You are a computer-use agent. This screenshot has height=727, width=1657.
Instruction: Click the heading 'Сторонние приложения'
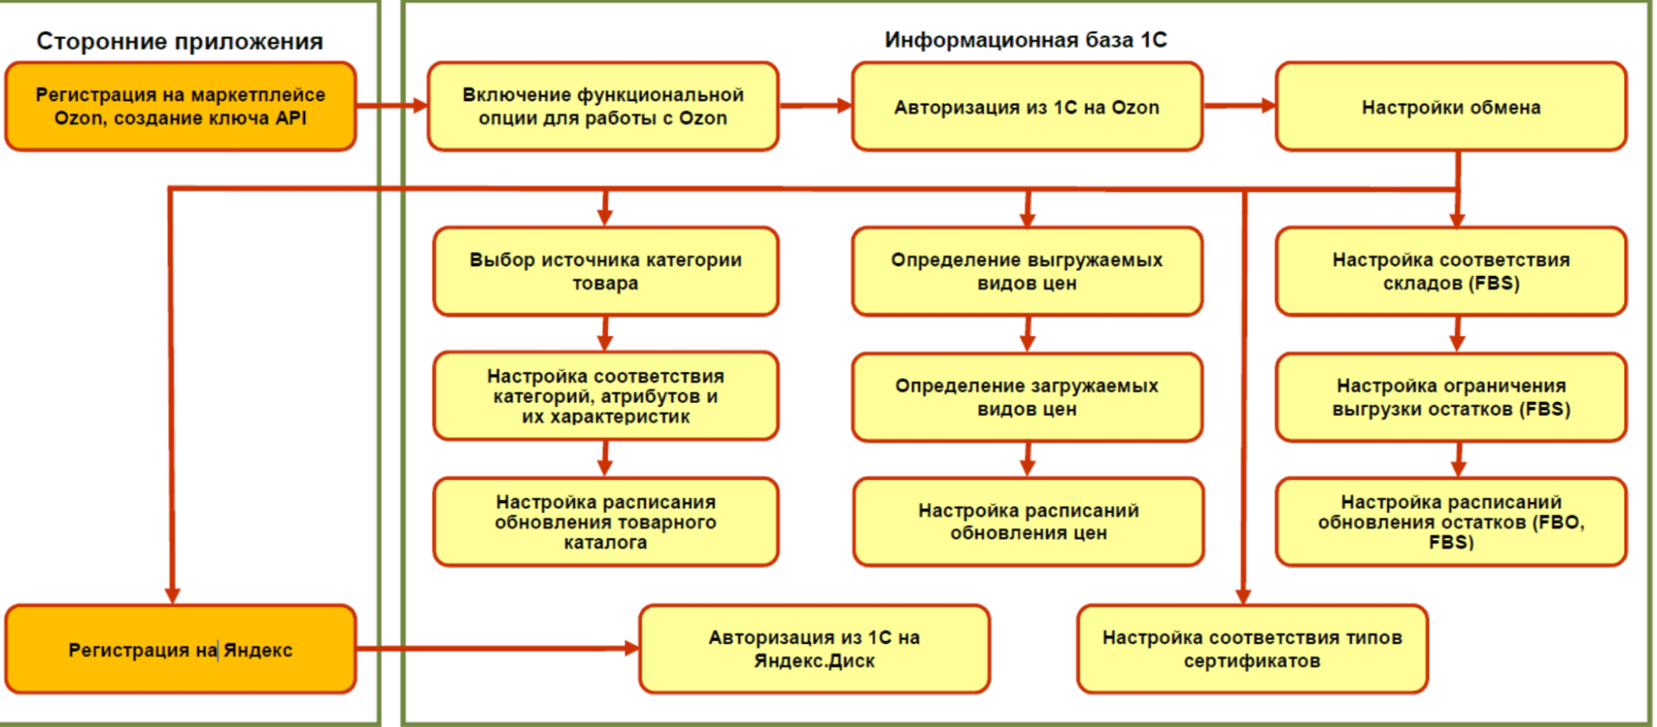coord(180,41)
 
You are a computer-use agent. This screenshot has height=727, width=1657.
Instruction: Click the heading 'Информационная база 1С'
coord(1025,40)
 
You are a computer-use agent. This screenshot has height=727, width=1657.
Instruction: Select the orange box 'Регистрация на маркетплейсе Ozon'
coord(181,107)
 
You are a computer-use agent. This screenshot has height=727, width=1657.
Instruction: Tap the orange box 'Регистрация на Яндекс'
coord(181,650)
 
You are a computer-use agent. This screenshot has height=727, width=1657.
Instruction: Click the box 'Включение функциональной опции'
coord(603,107)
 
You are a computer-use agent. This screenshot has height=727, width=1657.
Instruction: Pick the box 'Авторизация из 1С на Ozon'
coord(1026,107)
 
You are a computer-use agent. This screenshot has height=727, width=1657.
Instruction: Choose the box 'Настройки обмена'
coord(1451,107)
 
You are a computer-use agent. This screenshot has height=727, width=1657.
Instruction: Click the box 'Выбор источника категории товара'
coord(605,271)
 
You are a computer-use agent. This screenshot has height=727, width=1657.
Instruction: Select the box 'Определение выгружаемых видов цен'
coord(1026,271)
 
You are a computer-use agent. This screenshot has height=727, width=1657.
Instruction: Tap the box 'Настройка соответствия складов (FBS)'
coord(1451,271)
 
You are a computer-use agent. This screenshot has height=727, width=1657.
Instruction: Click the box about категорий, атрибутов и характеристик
coord(605,396)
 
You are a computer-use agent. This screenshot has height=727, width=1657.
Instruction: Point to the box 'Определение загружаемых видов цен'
coord(1026,397)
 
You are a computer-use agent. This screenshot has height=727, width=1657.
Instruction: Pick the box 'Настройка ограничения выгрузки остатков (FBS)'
coord(1451,397)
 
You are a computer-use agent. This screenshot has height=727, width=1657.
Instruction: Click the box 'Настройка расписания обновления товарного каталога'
coord(605,522)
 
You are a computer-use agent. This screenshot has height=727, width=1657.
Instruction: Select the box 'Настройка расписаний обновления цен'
coord(1028,522)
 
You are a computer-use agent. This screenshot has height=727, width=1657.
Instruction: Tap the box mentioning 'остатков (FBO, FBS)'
coord(1451,522)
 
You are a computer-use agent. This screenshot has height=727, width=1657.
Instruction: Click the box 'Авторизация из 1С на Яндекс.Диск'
coord(814,649)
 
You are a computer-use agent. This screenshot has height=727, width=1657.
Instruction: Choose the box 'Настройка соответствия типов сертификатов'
coord(1252,649)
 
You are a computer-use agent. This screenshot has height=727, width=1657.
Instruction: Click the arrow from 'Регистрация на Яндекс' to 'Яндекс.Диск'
coord(497,648)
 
